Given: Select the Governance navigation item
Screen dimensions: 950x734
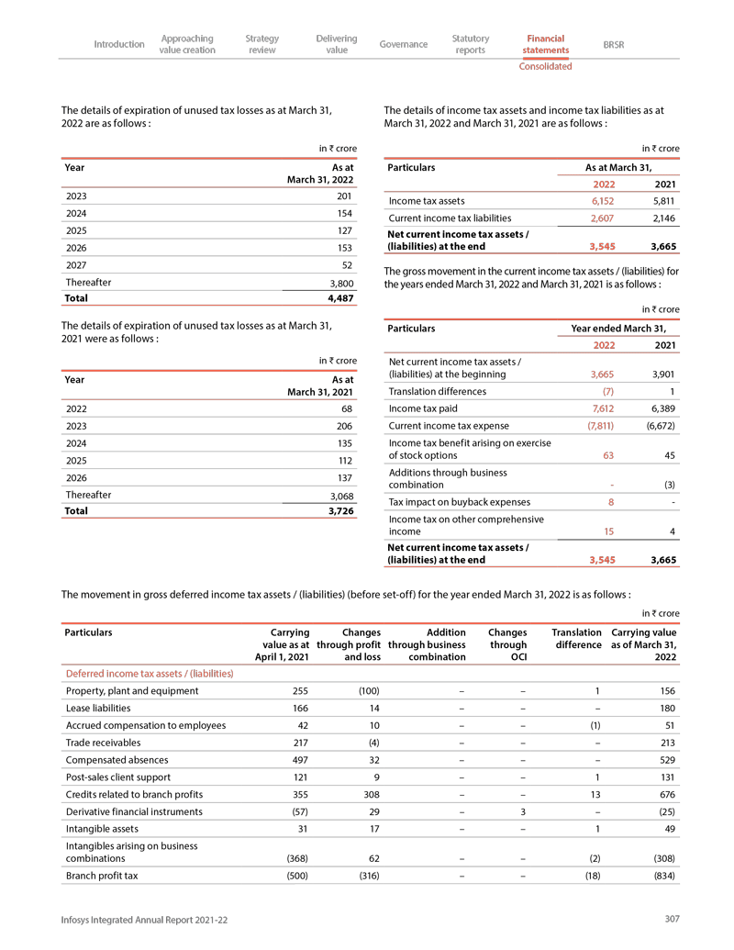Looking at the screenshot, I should (x=404, y=44).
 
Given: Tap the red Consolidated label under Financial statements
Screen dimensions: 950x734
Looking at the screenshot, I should (x=545, y=66).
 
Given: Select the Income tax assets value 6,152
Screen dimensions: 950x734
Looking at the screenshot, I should (x=602, y=201).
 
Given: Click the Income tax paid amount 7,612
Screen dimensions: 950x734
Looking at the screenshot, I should (x=602, y=408).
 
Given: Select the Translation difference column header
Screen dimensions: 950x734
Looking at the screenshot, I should (x=576, y=638).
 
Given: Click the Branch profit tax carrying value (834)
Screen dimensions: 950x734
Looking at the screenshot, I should (x=662, y=876).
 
